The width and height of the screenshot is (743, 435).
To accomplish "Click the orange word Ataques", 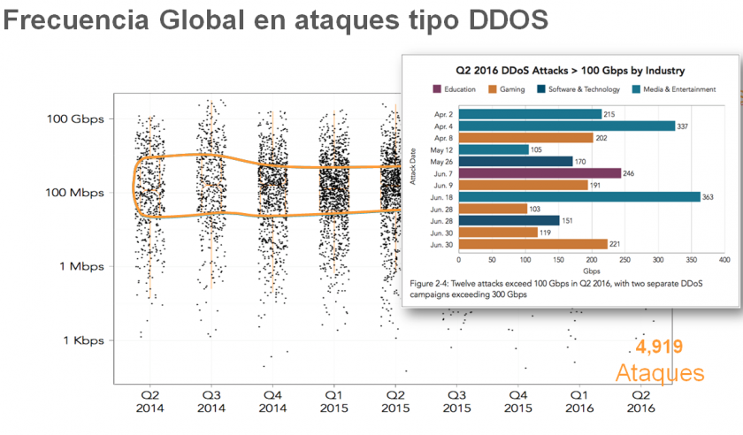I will (660, 372).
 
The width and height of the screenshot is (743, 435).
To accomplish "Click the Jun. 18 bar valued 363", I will (578, 196).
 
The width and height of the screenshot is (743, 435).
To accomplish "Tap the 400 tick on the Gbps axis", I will (724, 260).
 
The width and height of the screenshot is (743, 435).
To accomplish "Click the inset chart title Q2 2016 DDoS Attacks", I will (571, 70).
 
